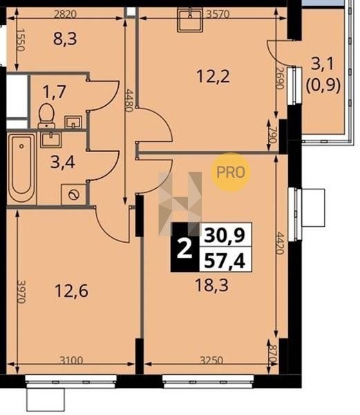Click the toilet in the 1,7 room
coord(46,116)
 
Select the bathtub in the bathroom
coord(21,168)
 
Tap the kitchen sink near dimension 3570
coord(190,19)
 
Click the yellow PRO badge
coord(231,172)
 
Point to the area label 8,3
coord(65,39)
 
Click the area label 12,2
coord(213,77)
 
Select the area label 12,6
coord(71,290)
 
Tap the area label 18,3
coord(211,286)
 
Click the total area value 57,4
coord(225,261)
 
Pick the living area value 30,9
coord(225,235)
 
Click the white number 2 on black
coord(184,248)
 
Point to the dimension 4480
coord(129,100)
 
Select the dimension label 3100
coord(71,360)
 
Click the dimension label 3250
coord(211,360)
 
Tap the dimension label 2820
coord(65,14)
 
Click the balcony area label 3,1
coord(323,64)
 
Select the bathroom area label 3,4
coord(63,163)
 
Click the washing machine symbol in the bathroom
coord(74,194)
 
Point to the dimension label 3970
coord(21,291)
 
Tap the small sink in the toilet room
coord(73,122)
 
